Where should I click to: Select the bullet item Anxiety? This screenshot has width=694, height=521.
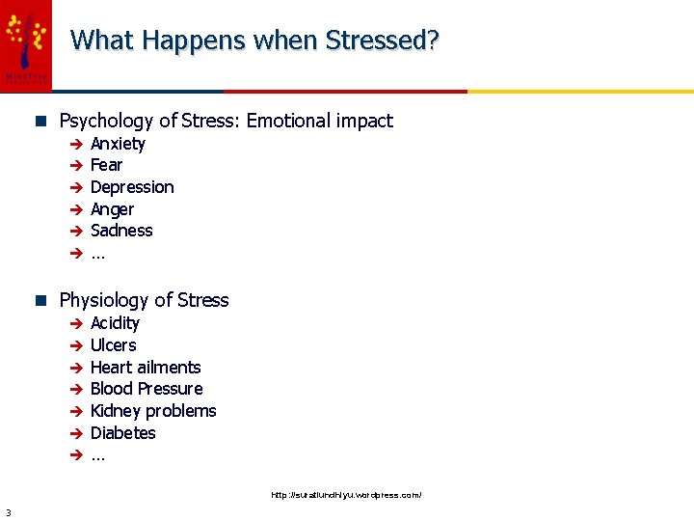(x=118, y=144)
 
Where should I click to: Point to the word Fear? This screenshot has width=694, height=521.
(x=106, y=165)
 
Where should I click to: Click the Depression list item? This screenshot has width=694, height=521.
(x=132, y=187)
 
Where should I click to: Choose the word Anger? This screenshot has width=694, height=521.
(x=112, y=209)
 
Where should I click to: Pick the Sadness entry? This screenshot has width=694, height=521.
(x=121, y=231)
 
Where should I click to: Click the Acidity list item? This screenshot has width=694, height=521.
(x=115, y=323)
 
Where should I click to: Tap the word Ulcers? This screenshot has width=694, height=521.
(x=113, y=345)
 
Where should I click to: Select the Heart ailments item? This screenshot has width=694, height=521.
(x=146, y=368)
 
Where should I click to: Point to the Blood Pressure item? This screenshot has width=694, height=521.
(x=147, y=389)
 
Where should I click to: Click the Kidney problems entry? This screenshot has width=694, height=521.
(x=153, y=411)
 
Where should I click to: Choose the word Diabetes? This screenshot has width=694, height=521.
(x=122, y=433)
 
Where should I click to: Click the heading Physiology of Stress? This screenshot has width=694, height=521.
(x=144, y=300)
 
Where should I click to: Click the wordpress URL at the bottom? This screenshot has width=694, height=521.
(x=346, y=495)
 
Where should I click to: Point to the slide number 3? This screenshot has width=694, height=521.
(x=7, y=512)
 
